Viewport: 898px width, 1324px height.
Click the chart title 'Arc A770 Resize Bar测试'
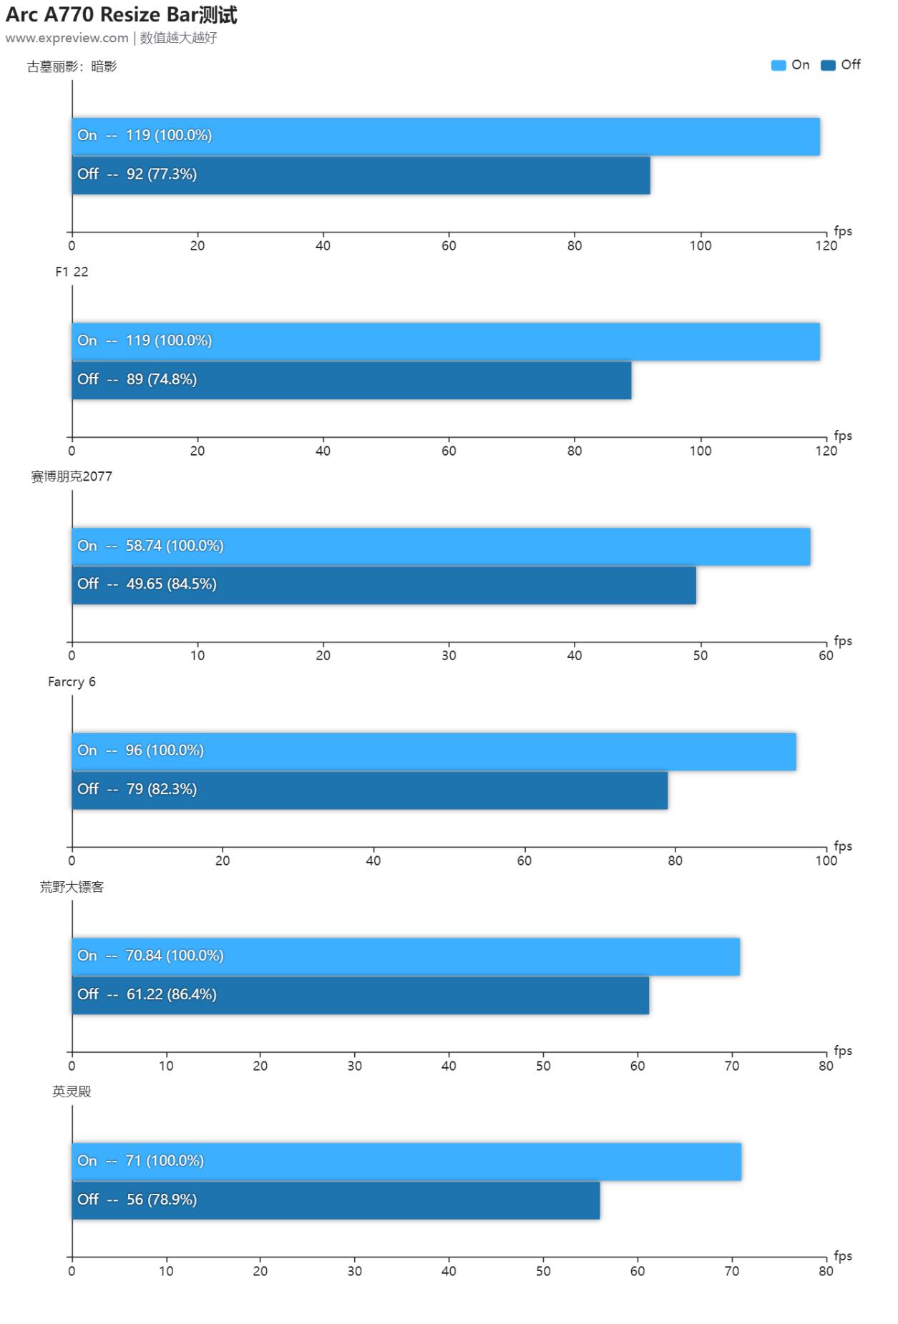[121, 15]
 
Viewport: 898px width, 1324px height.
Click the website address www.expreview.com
[67, 38]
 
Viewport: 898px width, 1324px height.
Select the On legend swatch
[778, 66]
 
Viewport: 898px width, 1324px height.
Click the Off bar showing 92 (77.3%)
[361, 175]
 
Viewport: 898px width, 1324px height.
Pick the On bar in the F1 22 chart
[445, 342]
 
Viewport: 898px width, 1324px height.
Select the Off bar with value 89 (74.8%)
[351, 381]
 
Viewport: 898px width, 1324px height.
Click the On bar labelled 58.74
[441, 547]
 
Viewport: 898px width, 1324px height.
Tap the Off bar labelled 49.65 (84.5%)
[384, 585]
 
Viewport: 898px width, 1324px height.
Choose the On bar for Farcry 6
[434, 752]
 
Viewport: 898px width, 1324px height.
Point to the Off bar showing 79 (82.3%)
[369, 790]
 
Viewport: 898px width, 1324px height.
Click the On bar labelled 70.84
[406, 957]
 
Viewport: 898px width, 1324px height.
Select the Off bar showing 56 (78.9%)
[336, 1200]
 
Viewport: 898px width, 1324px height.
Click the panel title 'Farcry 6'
[72, 682]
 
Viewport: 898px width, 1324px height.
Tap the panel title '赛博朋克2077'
[72, 476]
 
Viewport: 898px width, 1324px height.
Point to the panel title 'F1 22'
[72, 272]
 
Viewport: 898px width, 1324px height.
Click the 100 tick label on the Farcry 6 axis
[826, 860]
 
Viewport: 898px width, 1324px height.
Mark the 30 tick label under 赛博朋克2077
[449, 655]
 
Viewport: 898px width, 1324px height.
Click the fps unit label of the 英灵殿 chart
[843, 1255]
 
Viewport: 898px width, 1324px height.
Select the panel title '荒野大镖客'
[72, 887]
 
